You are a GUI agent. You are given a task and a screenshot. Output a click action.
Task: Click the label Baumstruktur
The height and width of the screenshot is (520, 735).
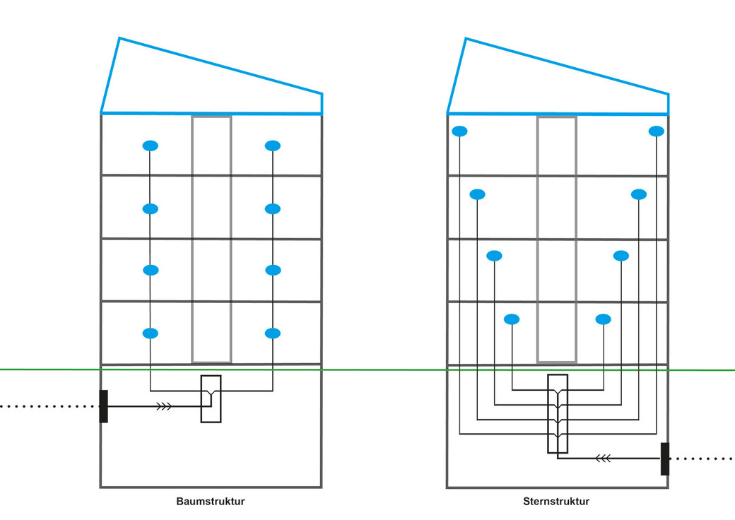point(210,502)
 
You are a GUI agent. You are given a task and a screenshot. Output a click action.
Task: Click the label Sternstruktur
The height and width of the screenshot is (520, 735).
point(556,502)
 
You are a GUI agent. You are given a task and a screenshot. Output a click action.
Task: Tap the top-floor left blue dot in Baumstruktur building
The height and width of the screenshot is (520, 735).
point(150,146)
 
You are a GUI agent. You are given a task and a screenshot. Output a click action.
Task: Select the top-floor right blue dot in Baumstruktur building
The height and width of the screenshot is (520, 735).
point(273,146)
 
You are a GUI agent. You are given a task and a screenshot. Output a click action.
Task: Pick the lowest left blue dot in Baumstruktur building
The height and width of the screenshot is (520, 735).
point(150,333)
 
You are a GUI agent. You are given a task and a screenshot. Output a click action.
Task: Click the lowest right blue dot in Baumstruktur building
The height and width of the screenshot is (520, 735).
point(273,333)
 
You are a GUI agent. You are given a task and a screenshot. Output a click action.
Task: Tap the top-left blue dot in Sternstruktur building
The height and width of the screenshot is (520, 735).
point(459,131)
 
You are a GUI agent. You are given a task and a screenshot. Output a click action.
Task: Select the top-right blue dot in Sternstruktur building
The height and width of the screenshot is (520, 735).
point(657,131)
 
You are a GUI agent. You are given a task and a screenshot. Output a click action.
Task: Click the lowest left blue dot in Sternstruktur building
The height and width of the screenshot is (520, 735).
point(512,319)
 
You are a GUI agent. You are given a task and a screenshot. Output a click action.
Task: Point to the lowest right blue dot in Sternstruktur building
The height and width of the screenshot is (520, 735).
point(603,319)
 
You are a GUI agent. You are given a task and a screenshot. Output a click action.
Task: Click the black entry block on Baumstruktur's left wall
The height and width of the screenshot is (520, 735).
point(104,406)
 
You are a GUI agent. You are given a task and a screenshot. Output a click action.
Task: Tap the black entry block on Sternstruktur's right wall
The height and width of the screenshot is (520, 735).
point(664,459)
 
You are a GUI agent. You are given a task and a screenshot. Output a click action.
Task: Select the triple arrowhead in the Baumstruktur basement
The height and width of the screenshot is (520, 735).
point(163,406)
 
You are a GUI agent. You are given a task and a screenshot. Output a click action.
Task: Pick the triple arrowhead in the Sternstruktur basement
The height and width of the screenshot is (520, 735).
point(603,459)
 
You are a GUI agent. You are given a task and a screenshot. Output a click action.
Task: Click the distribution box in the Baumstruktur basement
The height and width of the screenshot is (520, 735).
point(211,399)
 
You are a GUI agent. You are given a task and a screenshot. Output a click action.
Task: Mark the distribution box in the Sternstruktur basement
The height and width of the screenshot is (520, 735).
point(557,413)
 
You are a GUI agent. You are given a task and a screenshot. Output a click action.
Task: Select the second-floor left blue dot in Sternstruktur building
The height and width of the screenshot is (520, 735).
point(494,256)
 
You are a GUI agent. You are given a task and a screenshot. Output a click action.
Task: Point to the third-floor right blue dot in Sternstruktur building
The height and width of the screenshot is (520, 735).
point(639,194)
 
